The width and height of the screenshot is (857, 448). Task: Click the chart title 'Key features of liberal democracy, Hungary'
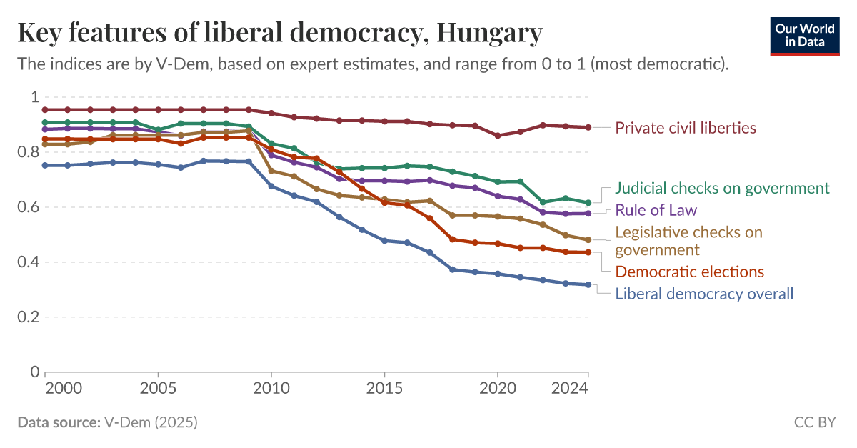click(279, 33)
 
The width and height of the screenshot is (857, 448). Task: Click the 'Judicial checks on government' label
click(722, 189)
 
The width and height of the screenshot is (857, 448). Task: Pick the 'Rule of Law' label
click(656, 211)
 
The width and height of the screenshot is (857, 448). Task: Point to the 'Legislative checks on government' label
click(688, 241)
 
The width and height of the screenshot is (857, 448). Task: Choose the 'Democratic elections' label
click(689, 272)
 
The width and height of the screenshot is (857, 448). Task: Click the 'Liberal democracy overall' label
click(703, 294)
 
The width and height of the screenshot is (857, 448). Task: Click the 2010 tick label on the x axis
click(271, 389)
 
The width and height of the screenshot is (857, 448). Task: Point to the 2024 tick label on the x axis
click(571, 389)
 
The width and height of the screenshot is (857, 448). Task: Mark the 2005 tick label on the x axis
click(158, 389)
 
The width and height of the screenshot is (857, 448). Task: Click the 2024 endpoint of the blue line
click(588, 284)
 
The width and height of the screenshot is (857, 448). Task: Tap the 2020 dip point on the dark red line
click(497, 135)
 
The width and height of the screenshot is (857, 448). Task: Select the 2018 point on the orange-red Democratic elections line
click(452, 239)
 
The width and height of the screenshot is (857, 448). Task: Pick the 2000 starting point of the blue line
click(45, 165)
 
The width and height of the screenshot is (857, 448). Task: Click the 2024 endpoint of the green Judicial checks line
click(588, 203)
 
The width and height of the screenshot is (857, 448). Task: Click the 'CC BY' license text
click(814, 422)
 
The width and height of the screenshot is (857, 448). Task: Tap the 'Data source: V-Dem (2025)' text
click(107, 422)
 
